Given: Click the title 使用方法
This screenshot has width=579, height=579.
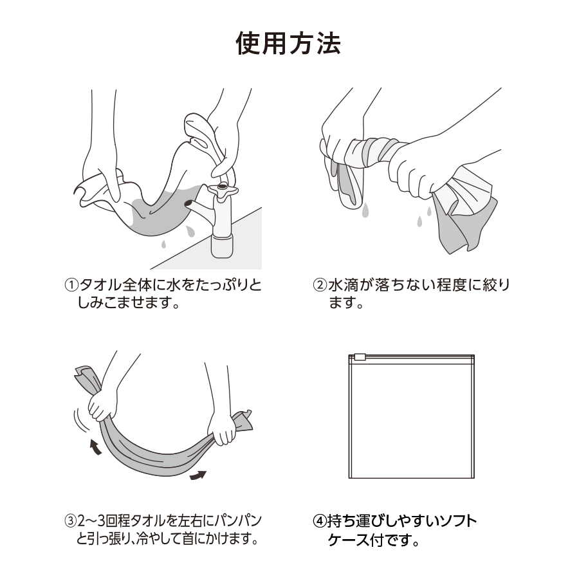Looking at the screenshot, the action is point(288,44).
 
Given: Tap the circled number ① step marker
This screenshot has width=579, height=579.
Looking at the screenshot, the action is point(71,286).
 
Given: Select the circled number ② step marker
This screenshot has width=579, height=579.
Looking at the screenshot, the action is point(320,286).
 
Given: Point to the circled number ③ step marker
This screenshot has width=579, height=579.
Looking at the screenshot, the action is point(71,521).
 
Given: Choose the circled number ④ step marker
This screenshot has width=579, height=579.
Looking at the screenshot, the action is point(320,521).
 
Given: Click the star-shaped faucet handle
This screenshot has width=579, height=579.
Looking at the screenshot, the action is point(223,189).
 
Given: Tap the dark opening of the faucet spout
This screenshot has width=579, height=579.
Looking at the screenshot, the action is point(188,203).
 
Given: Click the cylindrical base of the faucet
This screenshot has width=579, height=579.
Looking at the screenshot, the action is point(223,246).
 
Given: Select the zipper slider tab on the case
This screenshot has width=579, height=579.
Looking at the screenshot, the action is point(360,357).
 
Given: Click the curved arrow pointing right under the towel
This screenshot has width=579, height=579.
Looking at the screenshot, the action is point(198,475).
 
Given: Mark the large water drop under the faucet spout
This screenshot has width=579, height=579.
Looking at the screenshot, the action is point(190,232).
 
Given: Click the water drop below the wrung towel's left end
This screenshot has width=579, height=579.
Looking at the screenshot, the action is point(365,210).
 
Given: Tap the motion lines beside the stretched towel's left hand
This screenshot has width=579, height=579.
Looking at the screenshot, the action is point(81,420).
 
